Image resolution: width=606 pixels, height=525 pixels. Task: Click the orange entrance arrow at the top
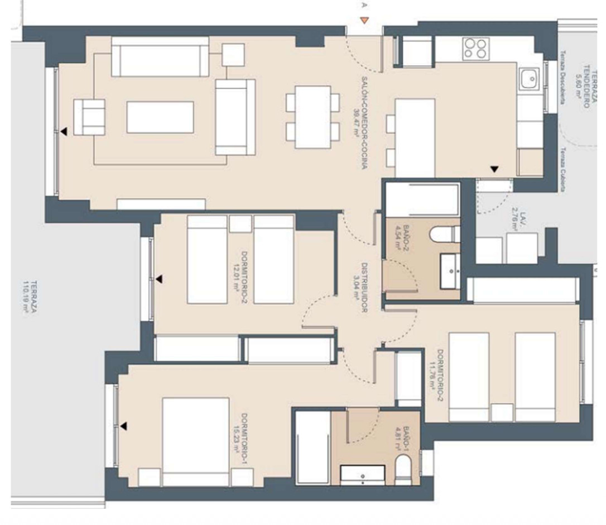pos(364,21)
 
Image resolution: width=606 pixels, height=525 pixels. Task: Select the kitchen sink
pos(527,79)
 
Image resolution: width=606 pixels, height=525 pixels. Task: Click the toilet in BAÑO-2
pos(450,234)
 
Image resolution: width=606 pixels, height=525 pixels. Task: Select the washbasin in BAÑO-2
pos(450,271)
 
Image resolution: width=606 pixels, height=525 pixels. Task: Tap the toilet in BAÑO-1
pos(402,468)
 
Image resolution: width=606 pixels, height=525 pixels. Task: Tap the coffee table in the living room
pos(160,117)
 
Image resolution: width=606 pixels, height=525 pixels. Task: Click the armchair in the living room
pos(89,117)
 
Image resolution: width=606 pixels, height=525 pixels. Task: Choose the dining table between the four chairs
pos(312,117)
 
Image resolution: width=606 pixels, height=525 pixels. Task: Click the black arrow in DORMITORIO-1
pos(123,426)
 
